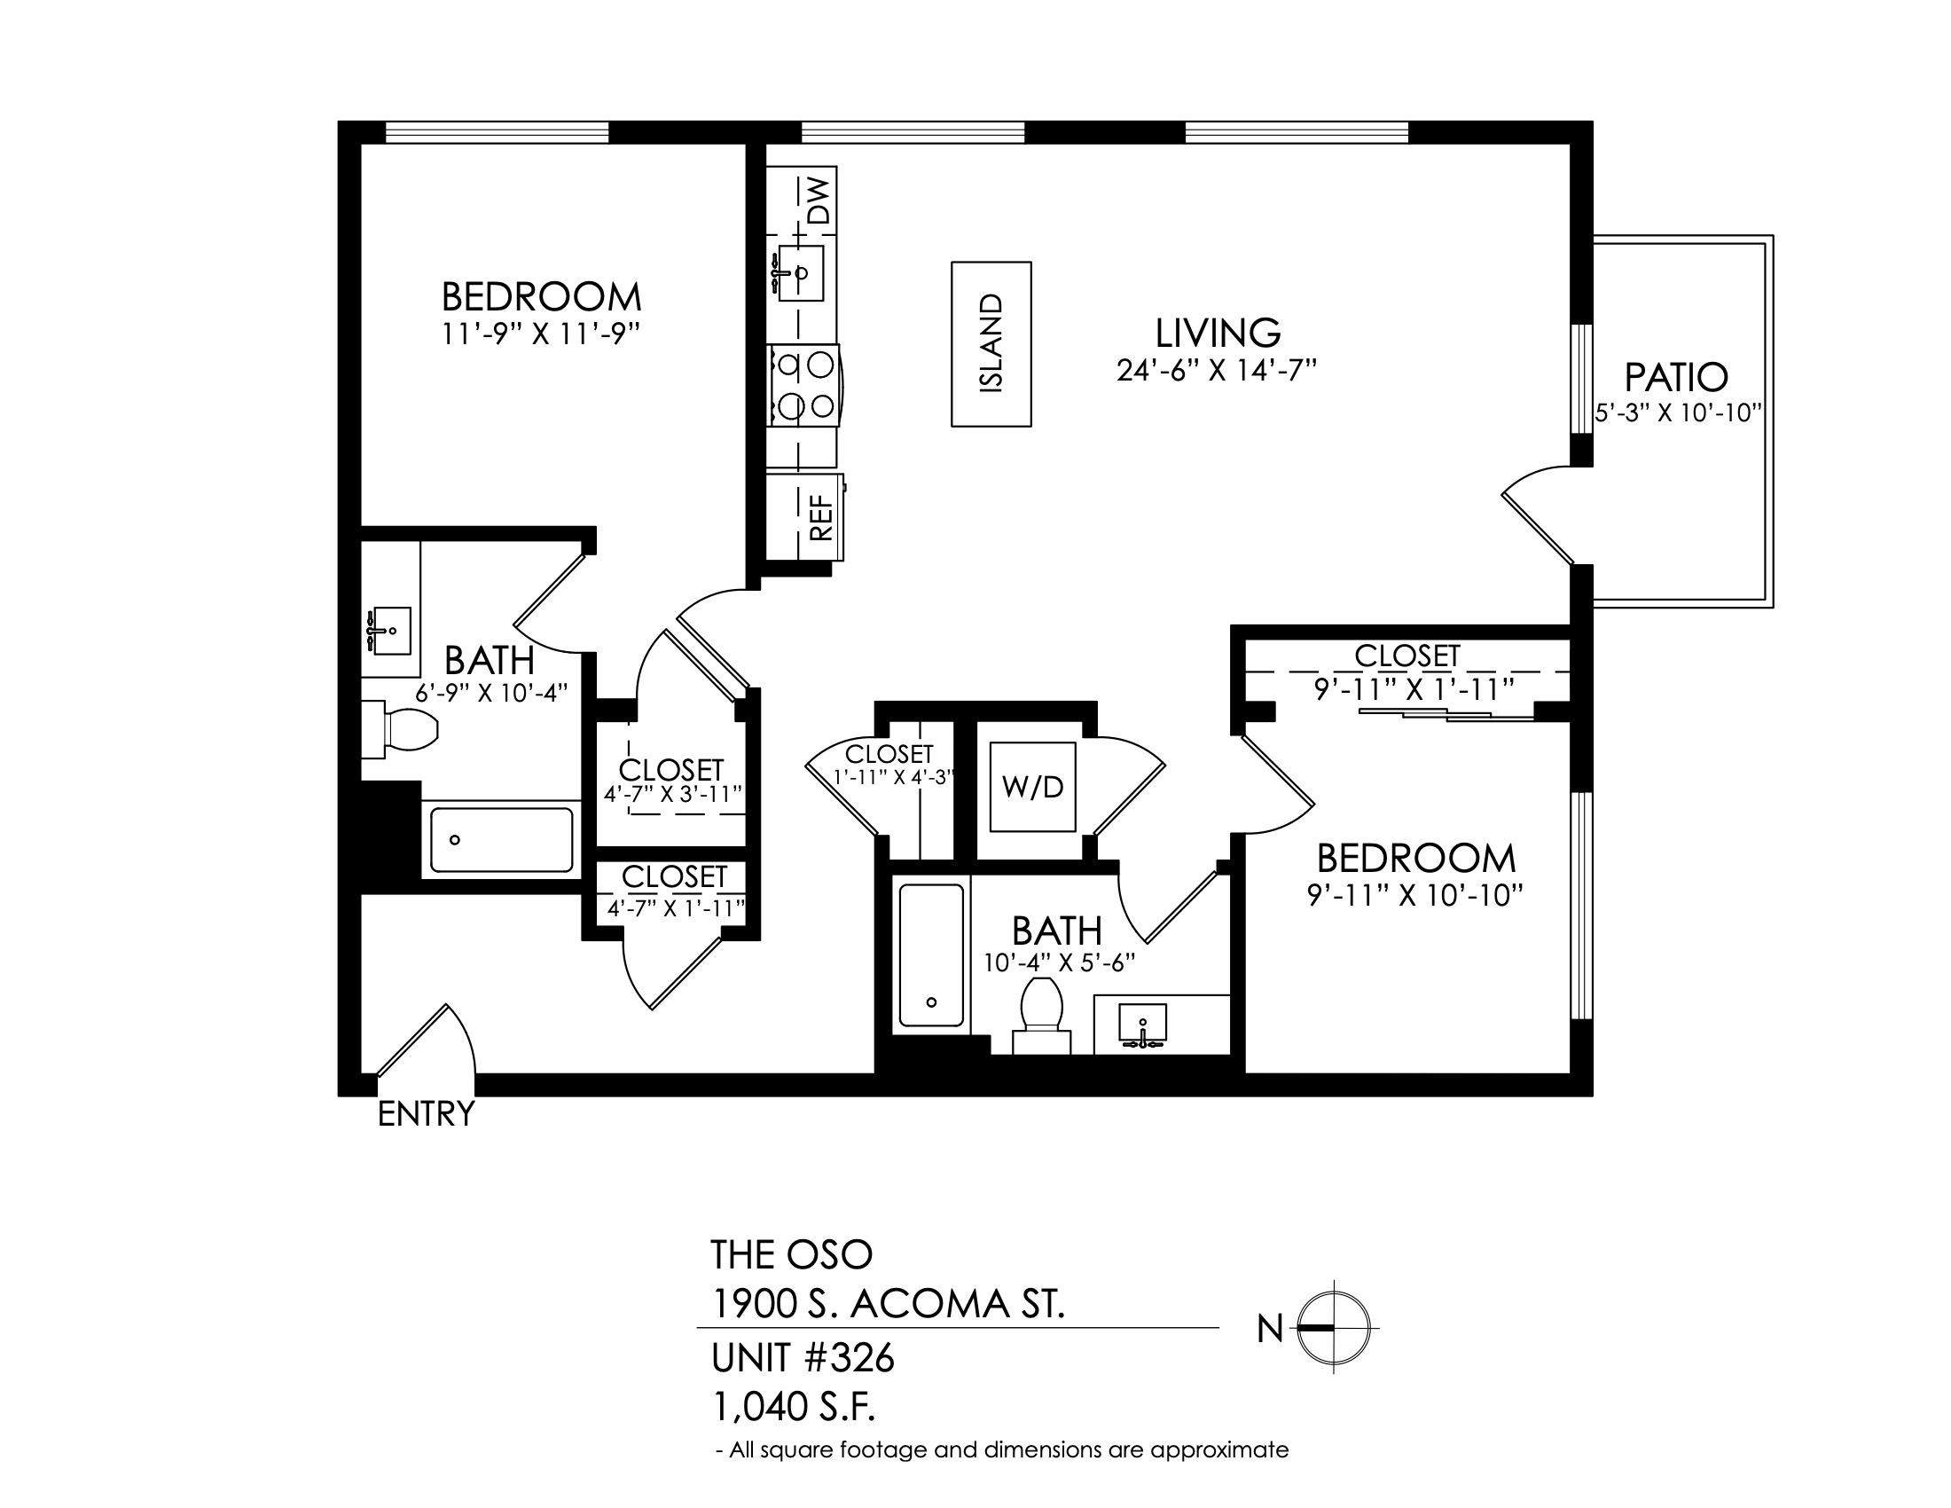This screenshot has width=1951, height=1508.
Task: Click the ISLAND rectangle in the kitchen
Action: point(991,344)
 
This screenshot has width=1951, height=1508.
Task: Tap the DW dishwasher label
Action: point(819,200)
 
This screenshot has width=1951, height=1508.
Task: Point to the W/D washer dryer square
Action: point(1032,787)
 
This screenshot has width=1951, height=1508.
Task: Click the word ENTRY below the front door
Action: point(426,1114)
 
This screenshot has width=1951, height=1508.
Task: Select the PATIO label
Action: point(1676,377)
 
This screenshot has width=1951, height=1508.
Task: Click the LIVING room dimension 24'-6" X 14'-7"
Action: point(1217,370)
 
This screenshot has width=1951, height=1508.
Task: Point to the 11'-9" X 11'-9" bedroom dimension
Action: point(541,334)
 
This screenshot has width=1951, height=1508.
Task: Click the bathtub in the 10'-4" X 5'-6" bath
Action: point(932,955)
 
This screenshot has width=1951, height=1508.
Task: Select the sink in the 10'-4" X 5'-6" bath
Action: point(1142,1025)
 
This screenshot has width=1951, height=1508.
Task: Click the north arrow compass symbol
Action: point(1333,1328)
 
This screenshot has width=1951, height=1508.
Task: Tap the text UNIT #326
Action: point(803,1358)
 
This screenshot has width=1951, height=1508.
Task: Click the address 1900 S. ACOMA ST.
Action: point(888,1305)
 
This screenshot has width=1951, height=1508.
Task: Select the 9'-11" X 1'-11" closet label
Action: point(1415,690)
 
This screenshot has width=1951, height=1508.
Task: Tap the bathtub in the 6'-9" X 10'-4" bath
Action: point(501,840)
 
